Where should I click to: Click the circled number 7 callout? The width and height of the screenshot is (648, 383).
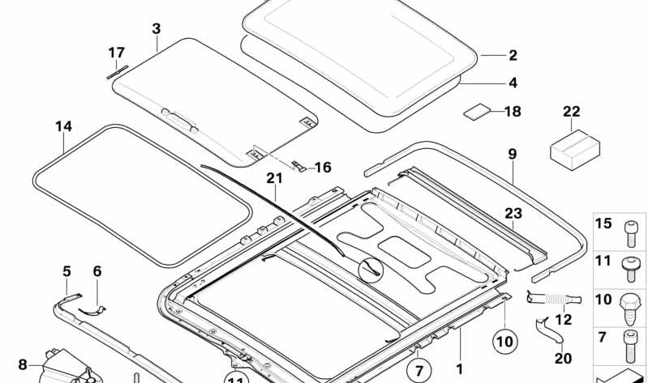[x=419, y=370]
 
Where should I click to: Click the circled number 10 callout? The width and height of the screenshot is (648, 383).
[x=504, y=342]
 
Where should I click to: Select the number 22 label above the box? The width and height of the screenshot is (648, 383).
[x=571, y=112]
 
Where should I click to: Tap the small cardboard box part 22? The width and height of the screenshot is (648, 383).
[x=575, y=150]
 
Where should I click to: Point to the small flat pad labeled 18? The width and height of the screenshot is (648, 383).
[x=477, y=112]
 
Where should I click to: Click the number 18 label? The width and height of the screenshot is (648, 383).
[x=513, y=112]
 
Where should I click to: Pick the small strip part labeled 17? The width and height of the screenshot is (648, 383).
[x=118, y=72]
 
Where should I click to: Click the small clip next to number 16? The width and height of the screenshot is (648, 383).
[x=298, y=166]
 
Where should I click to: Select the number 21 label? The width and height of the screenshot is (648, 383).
[x=274, y=178]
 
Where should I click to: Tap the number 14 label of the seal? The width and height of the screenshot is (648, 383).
[x=63, y=126]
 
